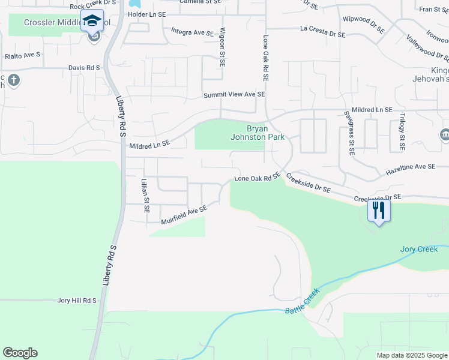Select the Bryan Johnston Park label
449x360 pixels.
click(258, 133)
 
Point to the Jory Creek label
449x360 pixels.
click(419, 249)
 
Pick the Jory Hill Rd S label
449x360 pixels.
click(76, 300)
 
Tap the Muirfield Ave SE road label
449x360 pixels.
click(184, 215)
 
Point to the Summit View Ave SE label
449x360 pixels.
click(234, 95)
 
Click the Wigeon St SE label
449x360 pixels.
click(222, 47)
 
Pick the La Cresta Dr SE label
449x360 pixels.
click(322, 32)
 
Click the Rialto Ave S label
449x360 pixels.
click(22, 55)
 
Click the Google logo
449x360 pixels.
click(20, 353)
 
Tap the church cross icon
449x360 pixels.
click(14, 79)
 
